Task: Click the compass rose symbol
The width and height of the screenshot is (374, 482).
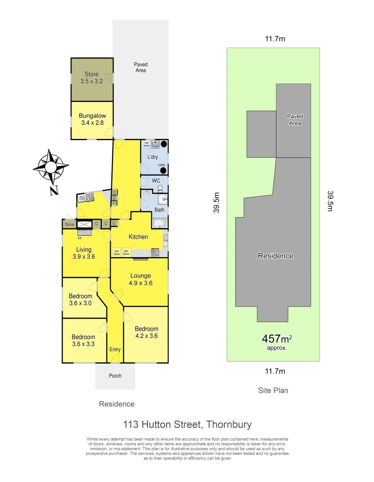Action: tap(50, 167)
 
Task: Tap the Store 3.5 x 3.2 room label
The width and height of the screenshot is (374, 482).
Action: tap(92, 78)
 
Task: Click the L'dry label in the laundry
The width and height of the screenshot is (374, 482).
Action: tap(153, 157)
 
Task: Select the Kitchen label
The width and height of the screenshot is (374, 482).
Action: tap(138, 237)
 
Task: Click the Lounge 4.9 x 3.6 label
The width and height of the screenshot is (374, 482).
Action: tap(141, 279)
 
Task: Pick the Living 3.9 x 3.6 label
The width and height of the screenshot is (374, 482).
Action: tap(84, 253)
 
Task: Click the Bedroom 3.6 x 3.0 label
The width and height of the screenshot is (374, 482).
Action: tap(80, 299)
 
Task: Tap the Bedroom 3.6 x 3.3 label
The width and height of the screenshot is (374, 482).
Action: tap(83, 341)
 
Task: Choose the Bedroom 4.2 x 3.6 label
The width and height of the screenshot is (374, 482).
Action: tap(147, 332)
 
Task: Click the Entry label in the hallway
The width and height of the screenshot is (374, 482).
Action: tap(115, 349)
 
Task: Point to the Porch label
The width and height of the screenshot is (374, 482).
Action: tap(115, 376)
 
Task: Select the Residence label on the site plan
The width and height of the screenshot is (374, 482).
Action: tap(276, 256)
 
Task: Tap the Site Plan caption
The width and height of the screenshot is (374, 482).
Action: tap(273, 391)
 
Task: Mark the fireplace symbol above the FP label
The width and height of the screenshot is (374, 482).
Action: tap(84, 224)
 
